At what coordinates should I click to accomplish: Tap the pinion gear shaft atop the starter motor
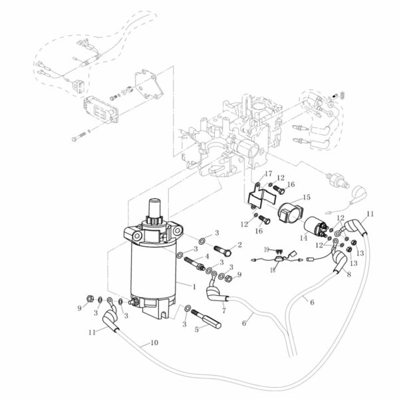point(156,211)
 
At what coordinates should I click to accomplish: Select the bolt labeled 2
point(224,251)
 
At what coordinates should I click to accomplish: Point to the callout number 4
point(207,256)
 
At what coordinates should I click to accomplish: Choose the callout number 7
point(223,311)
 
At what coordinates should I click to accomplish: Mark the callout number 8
point(348,273)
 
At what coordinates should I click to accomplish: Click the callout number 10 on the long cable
point(154,343)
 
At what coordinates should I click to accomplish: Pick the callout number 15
point(307,198)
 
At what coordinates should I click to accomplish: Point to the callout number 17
point(269,174)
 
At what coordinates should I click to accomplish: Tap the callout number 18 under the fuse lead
point(273,271)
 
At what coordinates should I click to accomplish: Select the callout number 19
point(265,249)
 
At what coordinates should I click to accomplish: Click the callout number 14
point(303,237)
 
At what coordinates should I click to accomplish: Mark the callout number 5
point(196,329)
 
